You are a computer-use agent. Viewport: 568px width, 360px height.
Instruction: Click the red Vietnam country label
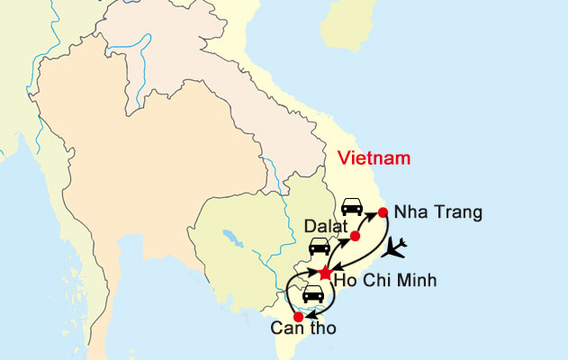point(374,158)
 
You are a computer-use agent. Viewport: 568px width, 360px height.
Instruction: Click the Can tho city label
point(303,328)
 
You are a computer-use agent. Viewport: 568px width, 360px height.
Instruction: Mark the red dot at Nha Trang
point(383,212)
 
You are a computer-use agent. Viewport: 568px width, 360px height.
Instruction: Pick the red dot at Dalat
point(355,236)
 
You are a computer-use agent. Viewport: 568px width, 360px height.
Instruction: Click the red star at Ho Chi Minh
point(325,272)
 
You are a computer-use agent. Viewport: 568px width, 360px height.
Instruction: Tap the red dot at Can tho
point(298,317)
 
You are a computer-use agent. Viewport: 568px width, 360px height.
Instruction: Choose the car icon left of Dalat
point(320,246)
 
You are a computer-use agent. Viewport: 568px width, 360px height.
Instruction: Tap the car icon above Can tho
point(312,293)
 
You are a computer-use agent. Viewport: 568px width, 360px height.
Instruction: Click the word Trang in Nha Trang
point(455,213)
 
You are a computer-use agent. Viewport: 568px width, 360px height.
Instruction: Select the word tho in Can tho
point(322,328)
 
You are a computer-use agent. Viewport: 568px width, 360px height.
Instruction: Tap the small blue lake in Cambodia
point(236,238)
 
